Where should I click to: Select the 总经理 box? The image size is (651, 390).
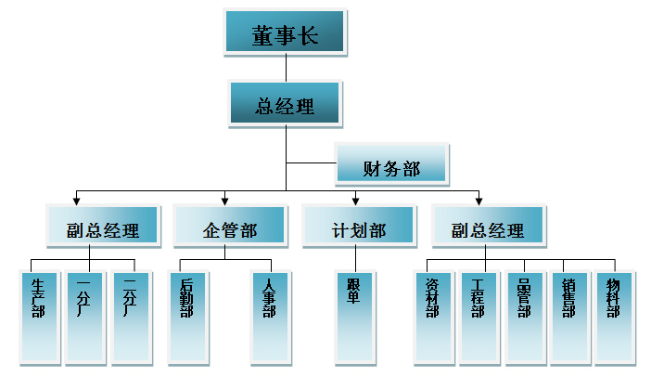(x=285, y=104)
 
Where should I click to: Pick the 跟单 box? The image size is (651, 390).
(x=354, y=316)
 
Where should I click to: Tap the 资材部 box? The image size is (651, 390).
(x=432, y=316)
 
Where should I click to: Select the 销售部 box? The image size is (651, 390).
(x=568, y=316)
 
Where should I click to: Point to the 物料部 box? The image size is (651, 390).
(x=613, y=316)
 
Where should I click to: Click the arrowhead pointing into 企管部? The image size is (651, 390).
(x=225, y=199)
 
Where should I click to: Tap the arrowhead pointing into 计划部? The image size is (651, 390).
(x=355, y=199)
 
